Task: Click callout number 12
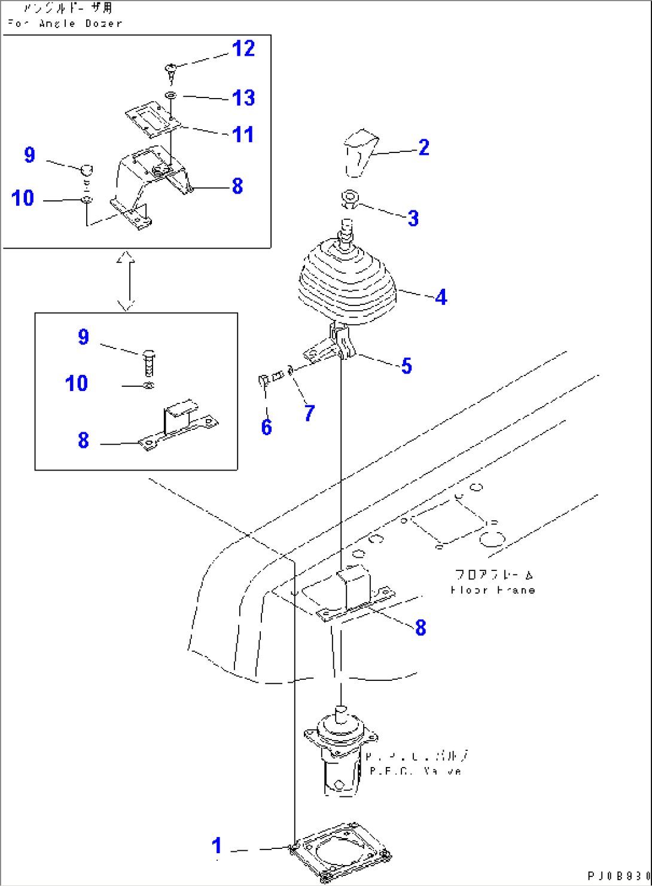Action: pos(243,48)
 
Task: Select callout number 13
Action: pos(243,97)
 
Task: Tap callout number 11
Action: pos(243,135)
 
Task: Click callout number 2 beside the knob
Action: pos(424,148)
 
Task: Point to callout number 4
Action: pos(441,297)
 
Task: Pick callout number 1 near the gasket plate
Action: pos(217,846)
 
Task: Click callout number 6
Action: pos(266,427)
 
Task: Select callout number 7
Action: pos(309,413)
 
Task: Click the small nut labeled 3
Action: pos(349,198)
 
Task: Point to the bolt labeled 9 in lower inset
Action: pos(149,362)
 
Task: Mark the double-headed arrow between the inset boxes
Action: pos(126,280)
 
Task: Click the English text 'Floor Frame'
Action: pos(492,590)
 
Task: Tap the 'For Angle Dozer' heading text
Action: pos(65,23)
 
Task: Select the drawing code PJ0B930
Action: pos(618,876)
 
